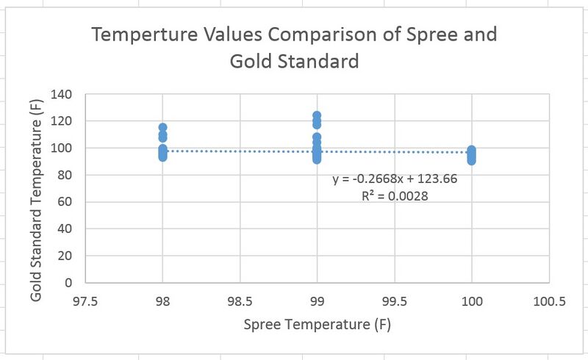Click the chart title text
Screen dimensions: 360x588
click(x=293, y=47)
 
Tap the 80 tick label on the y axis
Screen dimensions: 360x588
click(x=65, y=175)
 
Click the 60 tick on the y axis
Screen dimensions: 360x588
click(x=65, y=202)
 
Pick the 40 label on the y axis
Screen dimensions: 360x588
click(x=65, y=228)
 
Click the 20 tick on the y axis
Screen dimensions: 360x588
click(x=65, y=256)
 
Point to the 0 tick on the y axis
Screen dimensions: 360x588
click(x=68, y=283)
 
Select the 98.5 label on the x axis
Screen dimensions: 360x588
click(x=240, y=300)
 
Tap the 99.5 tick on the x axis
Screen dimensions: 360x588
click(x=394, y=300)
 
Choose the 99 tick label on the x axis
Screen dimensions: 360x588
click(x=317, y=300)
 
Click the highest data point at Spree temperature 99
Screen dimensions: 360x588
click(x=317, y=116)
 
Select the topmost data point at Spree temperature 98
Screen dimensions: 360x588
click(x=162, y=128)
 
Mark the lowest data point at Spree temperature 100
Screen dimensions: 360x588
click(x=471, y=161)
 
